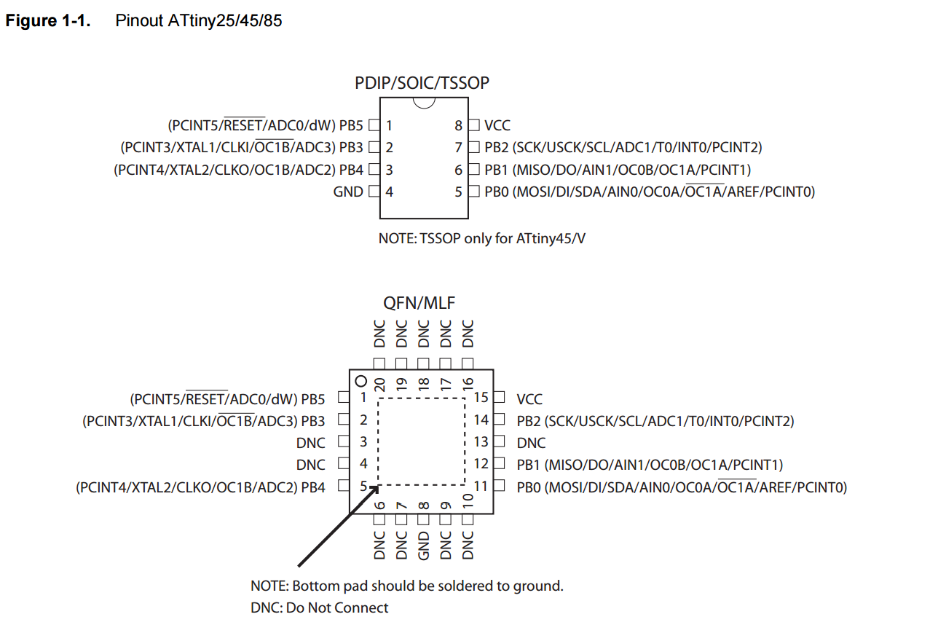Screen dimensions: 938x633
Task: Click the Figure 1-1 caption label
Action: pyautogui.click(x=48, y=20)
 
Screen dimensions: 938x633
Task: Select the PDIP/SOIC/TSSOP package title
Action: pyautogui.click(x=422, y=83)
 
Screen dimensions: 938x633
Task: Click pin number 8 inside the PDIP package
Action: pyautogui.click(x=459, y=126)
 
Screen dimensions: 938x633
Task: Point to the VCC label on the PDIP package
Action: pyautogui.click(x=497, y=126)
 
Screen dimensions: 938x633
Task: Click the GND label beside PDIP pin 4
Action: pyautogui.click(x=348, y=192)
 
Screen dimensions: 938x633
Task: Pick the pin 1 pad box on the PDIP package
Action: pyautogui.click(x=374, y=125)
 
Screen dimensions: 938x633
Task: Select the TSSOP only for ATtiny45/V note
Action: pyautogui.click(x=481, y=238)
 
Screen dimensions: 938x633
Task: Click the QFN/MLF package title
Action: pyautogui.click(x=419, y=303)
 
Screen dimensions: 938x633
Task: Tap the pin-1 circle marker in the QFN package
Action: pyautogui.click(x=360, y=381)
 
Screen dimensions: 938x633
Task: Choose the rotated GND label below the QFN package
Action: pyautogui.click(x=423, y=546)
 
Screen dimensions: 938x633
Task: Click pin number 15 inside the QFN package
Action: pyautogui.click(x=481, y=397)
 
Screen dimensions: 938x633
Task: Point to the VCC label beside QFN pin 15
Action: pyautogui.click(x=529, y=399)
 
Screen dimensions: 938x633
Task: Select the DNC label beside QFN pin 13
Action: pyautogui.click(x=531, y=443)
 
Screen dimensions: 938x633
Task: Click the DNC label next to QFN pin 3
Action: pyautogui.click(x=311, y=443)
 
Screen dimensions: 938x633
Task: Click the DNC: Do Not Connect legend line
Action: pyautogui.click(x=319, y=608)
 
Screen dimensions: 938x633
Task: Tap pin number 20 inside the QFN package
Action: pyautogui.click(x=379, y=385)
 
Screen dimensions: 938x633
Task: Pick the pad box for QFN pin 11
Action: pyautogui.click(x=499, y=486)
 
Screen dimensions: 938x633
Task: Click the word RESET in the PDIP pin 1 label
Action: pyautogui.click(x=245, y=125)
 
